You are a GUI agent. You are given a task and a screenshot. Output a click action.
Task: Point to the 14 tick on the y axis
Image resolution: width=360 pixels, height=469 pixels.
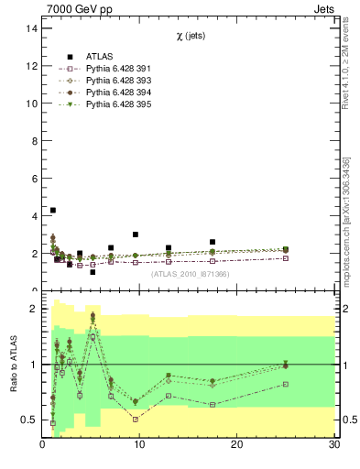click(x=32, y=28)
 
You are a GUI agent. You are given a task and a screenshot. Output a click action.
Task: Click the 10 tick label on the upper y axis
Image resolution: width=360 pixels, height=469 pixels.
click(x=32, y=104)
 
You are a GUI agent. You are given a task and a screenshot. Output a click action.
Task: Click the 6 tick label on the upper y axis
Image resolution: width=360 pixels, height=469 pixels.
click(x=34, y=179)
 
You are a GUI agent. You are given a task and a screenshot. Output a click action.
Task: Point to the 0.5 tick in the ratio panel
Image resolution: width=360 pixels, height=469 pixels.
click(x=29, y=420)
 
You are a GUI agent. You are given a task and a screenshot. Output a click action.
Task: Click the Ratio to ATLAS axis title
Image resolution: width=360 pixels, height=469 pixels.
click(x=14, y=365)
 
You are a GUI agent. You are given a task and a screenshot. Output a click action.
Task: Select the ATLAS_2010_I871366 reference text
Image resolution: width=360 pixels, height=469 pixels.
click(x=190, y=274)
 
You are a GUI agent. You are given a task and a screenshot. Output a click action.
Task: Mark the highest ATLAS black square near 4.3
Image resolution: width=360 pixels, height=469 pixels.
click(x=53, y=210)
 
